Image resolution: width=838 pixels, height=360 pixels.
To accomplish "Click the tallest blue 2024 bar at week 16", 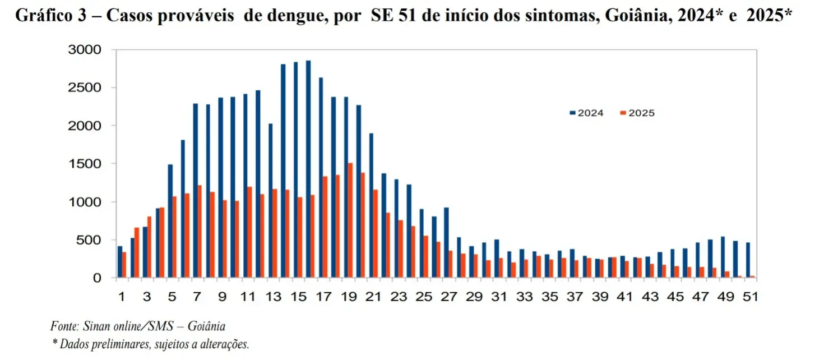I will (x=308, y=168).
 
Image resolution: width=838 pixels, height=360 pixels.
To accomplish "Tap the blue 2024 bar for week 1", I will (x=120, y=262).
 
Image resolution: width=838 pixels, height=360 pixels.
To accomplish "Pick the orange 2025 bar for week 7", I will (x=200, y=231).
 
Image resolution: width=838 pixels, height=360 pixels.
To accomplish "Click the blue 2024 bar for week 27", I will (x=446, y=242).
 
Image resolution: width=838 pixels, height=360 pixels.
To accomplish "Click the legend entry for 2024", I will (x=586, y=113).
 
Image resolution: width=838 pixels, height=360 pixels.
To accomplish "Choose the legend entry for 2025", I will (x=637, y=113).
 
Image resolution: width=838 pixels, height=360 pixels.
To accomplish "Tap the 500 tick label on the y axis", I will (x=90, y=240).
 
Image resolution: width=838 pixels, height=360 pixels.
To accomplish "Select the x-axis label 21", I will (x=373, y=297).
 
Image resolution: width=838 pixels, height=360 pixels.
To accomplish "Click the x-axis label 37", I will (x=575, y=297).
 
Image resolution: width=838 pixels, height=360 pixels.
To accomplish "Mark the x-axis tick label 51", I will (x=751, y=297).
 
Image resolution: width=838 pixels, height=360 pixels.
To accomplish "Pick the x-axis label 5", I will (x=172, y=297).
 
